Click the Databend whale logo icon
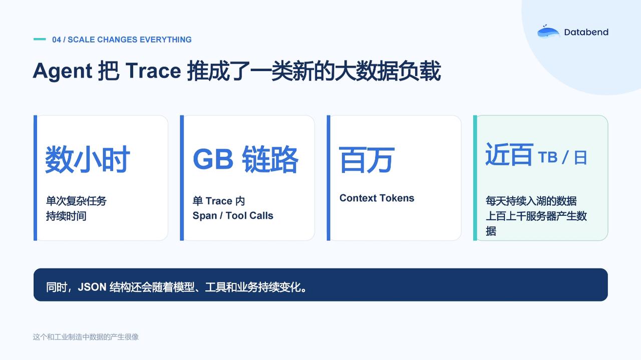pyautogui.click(x=548, y=32)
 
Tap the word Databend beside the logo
pyautogui.click(x=586, y=32)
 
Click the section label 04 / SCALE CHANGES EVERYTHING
pyautogui.click(x=122, y=40)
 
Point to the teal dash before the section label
pyautogui.click(x=40, y=39)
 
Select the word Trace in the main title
pyautogui.click(x=153, y=71)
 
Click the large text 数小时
pyautogui.click(x=88, y=159)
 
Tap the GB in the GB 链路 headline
pyautogui.click(x=213, y=159)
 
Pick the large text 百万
pyautogui.click(x=367, y=160)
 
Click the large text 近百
pyautogui.click(x=509, y=155)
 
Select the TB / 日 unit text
pyautogui.click(x=562, y=157)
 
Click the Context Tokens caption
pyautogui.click(x=377, y=198)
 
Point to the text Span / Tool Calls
pyautogui.click(x=233, y=215)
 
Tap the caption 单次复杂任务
pyautogui.click(x=76, y=201)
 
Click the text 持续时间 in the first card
pyautogui.click(x=66, y=216)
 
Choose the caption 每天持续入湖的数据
pyautogui.click(x=531, y=201)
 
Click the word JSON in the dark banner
pyautogui.click(x=92, y=287)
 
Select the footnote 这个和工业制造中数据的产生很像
pyautogui.click(x=86, y=337)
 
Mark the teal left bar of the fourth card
pyautogui.click(x=475, y=178)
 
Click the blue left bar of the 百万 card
pyautogui.click(x=329, y=178)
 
